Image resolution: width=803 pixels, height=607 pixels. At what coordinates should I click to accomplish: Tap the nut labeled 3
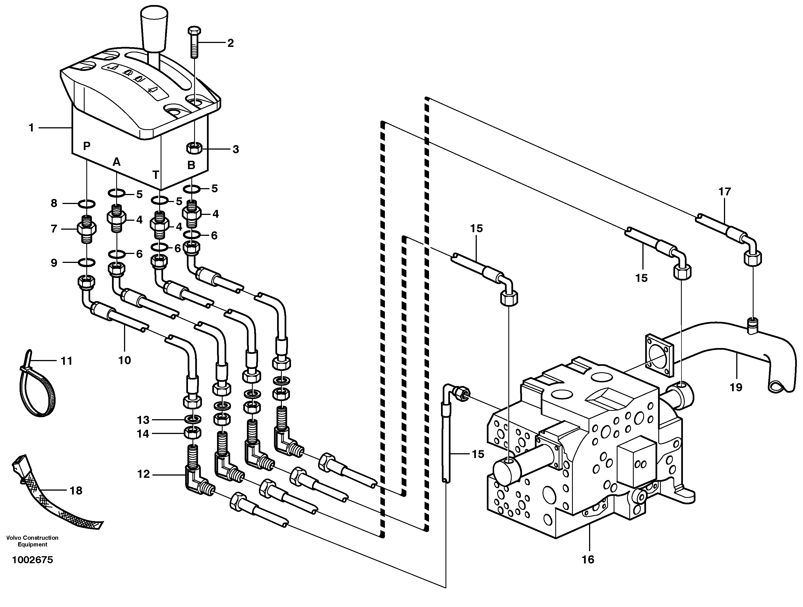pyautogui.click(x=194, y=148)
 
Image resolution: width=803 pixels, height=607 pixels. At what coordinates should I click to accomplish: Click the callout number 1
pyautogui.click(x=31, y=128)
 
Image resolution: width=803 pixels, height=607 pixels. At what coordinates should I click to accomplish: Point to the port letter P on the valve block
pyautogui.click(x=86, y=146)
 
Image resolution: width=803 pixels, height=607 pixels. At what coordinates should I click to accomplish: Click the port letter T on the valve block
pyautogui.click(x=155, y=175)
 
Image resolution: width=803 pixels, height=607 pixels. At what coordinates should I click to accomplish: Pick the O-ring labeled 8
pyautogui.click(x=87, y=204)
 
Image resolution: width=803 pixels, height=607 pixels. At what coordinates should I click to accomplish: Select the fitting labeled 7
pyautogui.click(x=87, y=229)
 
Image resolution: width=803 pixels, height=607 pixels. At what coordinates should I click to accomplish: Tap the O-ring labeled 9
pyautogui.click(x=87, y=262)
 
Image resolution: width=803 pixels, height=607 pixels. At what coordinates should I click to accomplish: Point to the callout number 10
pyautogui.click(x=125, y=360)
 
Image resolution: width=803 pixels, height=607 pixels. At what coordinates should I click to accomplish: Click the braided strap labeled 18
pyautogui.click(x=54, y=501)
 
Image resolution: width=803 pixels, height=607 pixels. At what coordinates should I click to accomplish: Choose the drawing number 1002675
pyautogui.click(x=33, y=560)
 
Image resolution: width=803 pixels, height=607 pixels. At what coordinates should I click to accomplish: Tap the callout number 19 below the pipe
pyautogui.click(x=736, y=387)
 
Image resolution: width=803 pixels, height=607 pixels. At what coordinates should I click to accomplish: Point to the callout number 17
pyautogui.click(x=725, y=191)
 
